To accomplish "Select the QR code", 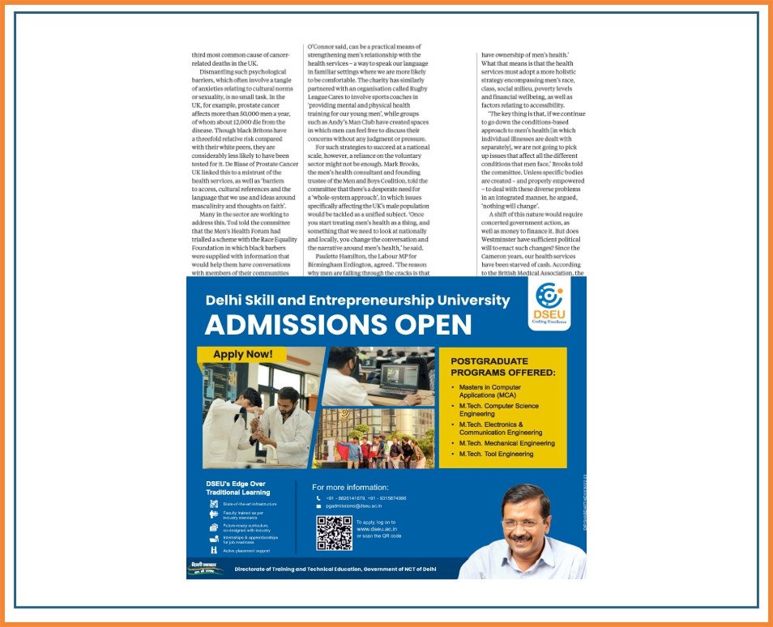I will tap(334, 532).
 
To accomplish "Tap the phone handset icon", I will tap(318, 497).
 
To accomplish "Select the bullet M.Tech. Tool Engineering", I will tap(496, 454).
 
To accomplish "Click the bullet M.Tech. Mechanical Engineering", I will tap(506, 443).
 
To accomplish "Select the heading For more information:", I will tap(350, 487).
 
